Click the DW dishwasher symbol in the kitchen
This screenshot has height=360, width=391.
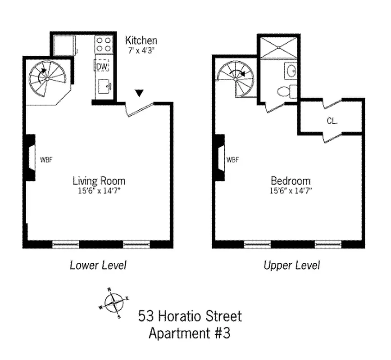pos(102,66)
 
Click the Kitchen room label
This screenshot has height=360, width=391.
pos(141,40)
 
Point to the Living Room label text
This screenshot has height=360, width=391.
pos(99,181)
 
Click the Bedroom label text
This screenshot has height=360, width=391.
pos(290,181)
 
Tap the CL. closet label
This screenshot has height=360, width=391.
pos(332,121)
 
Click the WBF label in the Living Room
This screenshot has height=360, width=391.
pos(46,159)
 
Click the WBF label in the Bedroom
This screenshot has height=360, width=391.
pos(232,159)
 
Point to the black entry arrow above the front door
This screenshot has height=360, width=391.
pos(140,93)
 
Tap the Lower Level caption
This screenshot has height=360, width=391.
pos(98,265)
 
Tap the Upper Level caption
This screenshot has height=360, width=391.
pos(291,265)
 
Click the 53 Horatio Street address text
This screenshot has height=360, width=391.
pos(190,316)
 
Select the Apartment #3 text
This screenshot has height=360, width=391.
pos(190,333)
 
